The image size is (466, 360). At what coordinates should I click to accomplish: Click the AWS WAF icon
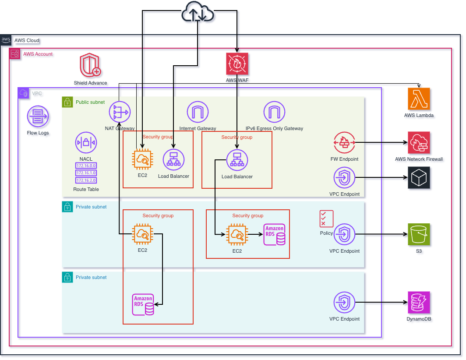tap(237, 64)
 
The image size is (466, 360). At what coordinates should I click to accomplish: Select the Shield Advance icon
tap(90, 66)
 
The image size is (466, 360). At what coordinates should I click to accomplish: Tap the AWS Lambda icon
tap(419, 99)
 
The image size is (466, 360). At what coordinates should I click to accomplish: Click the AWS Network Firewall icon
tap(419, 142)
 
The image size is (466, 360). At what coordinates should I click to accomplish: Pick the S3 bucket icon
tap(419, 234)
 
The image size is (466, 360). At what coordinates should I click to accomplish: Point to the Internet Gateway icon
tap(198, 112)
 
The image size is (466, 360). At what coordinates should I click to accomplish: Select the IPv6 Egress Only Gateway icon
tap(274, 112)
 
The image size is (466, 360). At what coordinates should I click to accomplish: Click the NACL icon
tap(86, 142)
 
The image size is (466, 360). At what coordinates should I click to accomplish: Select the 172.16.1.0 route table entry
tap(86, 173)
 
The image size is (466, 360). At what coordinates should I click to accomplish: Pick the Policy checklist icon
tap(326, 219)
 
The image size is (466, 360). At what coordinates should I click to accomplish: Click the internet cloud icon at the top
tap(198, 14)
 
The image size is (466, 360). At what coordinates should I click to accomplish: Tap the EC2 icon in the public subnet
tap(143, 160)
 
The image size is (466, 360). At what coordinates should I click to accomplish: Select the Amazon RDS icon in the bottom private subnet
tap(144, 304)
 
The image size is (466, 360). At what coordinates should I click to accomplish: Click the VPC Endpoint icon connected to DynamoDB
tap(344, 302)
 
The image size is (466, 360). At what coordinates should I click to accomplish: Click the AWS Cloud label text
tap(27, 40)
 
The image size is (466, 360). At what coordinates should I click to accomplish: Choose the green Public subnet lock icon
tap(67, 102)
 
